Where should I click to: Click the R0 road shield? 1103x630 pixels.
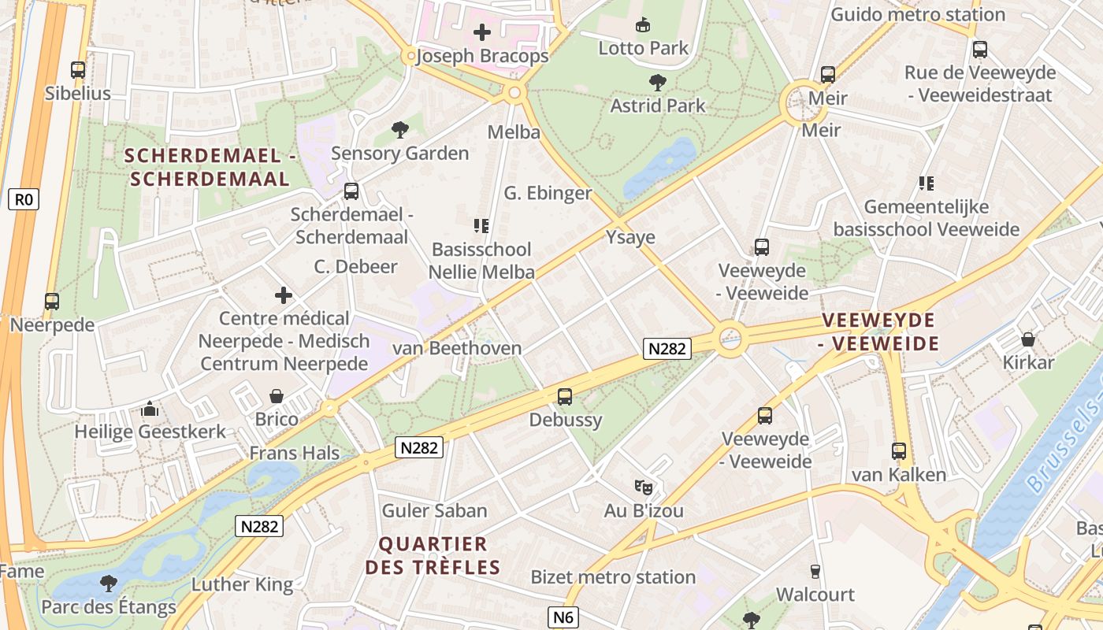24,199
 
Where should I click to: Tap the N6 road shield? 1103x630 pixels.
563,617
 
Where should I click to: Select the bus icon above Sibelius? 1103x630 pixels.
78,70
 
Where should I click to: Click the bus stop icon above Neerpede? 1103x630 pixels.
52,301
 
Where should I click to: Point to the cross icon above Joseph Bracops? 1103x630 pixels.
481,32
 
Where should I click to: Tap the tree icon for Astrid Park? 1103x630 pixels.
657,82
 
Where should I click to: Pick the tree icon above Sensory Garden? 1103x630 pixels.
400,130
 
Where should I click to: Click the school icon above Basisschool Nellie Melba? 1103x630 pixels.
481,226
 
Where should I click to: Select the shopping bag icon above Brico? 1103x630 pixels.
277,395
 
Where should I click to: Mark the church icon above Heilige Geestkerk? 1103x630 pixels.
149,409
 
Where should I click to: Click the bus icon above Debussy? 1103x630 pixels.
565,397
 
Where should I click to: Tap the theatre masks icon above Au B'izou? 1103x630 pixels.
644,487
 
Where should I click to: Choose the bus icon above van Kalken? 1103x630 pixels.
899,451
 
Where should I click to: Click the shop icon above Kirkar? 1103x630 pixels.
1028,339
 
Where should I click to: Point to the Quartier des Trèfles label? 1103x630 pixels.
433,555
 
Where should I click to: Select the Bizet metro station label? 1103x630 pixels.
613,576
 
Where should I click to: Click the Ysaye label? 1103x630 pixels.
630,236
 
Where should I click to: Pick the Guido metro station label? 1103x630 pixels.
918,14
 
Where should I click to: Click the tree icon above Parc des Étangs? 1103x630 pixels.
109,584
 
